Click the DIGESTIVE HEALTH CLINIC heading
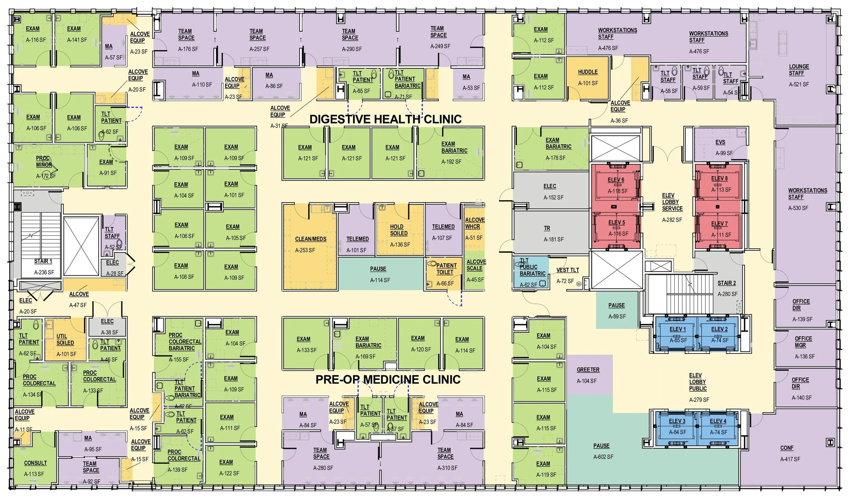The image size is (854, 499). [385, 119]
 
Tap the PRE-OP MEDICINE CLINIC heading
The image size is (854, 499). [388, 379]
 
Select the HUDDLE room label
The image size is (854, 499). [588, 72]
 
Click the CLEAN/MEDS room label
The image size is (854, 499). [311, 239]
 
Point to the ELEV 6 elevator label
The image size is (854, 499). [616, 180]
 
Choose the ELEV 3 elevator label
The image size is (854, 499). [677, 421]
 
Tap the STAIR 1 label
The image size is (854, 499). [43, 261]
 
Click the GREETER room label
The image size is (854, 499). [588, 370]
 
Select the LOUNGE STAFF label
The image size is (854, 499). [798, 70]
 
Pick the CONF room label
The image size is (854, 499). [787, 448]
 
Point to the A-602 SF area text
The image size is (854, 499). [603, 457]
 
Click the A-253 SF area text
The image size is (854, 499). [305, 250]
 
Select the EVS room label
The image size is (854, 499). [720, 142]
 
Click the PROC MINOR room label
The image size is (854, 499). [43, 161]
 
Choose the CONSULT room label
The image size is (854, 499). [36, 463]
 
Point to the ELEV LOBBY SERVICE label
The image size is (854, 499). [672, 202]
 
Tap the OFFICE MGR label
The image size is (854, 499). [803, 342]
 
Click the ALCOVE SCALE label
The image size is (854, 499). [476, 265]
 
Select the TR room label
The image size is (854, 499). [547, 228]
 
